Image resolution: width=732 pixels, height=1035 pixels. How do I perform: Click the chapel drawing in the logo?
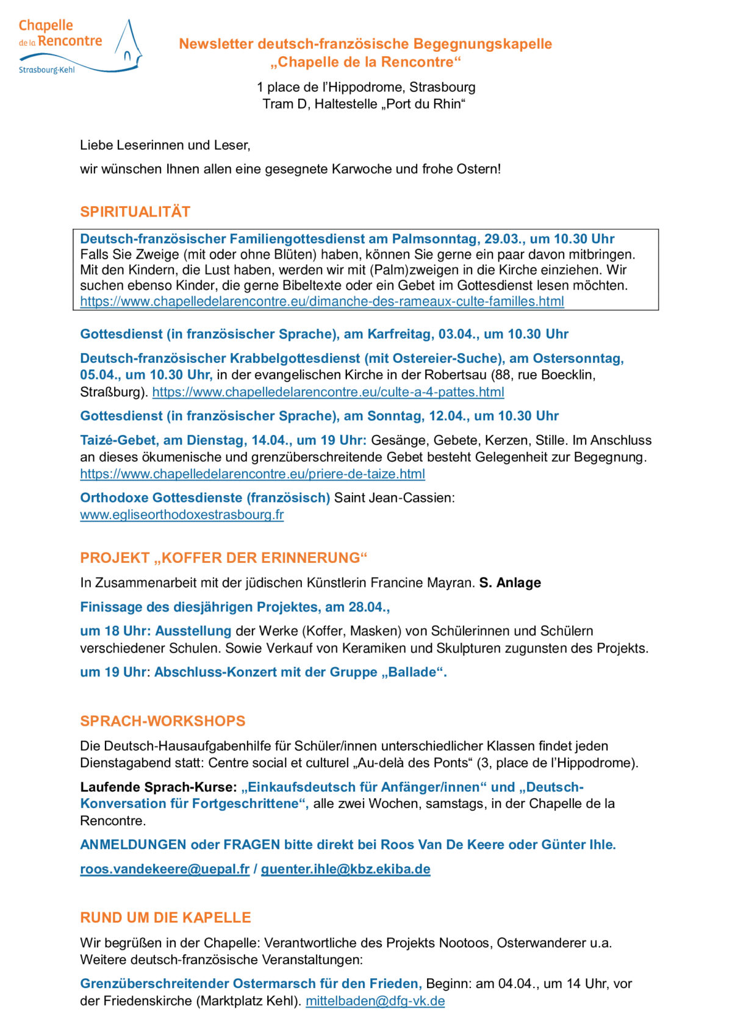pyautogui.click(x=127, y=44)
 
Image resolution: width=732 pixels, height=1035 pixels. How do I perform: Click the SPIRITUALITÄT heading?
pyautogui.click(x=135, y=212)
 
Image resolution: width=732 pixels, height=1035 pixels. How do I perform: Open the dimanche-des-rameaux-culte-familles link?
pyautogui.click(x=321, y=301)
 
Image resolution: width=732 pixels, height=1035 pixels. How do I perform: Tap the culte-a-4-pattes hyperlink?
pyautogui.click(x=328, y=392)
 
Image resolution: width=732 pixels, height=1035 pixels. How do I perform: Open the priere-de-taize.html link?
pyautogui.click(x=252, y=474)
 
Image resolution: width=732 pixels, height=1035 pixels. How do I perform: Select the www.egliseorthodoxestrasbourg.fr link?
pyautogui.click(x=182, y=515)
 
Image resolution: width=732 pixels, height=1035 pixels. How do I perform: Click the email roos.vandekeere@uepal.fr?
pyautogui.click(x=165, y=869)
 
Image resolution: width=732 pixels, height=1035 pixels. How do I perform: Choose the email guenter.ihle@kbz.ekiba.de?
pyautogui.click(x=345, y=869)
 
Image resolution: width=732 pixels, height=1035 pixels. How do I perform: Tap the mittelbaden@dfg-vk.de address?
pyautogui.click(x=375, y=1001)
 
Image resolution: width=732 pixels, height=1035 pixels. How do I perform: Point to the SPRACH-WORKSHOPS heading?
pyautogui.click(x=162, y=721)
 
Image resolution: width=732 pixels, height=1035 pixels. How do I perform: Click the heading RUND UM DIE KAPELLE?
pyautogui.click(x=165, y=917)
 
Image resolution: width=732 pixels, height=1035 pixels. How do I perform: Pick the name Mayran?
pyautogui.click(x=453, y=582)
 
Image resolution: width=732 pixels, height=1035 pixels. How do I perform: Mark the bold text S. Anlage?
pyautogui.click(x=510, y=582)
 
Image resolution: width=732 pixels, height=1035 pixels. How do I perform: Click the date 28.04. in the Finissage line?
pyautogui.click(x=368, y=607)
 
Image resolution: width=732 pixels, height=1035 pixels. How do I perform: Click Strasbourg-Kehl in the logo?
pyautogui.click(x=46, y=70)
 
